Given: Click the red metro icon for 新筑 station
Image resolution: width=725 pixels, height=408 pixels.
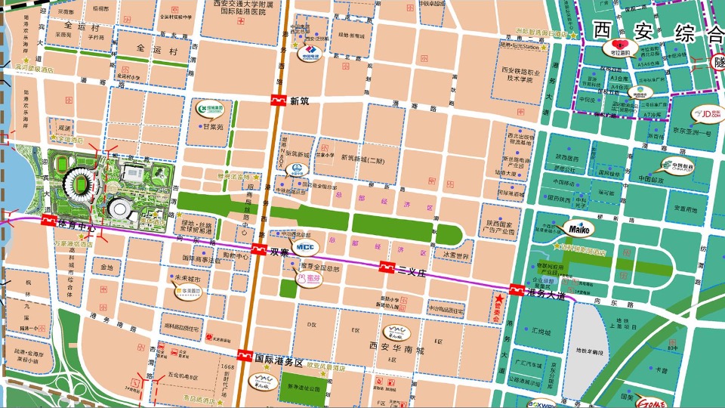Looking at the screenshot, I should pyautogui.click(x=279, y=100).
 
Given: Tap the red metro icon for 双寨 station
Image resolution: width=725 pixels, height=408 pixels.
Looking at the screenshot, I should pyautogui.click(x=258, y=250).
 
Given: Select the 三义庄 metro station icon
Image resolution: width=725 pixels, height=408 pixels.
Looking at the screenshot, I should pyautogui.click(x=387, y=267).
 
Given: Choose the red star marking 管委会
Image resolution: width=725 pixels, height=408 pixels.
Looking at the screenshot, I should pyautogui.click(x=498, y=300).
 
